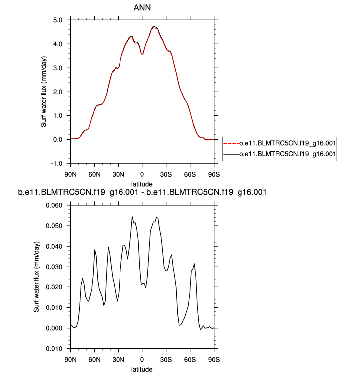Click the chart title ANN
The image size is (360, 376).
(x=142, y=8)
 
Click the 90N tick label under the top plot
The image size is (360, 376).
(x=70, y=175)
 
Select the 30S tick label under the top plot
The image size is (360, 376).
(x=166, y=175)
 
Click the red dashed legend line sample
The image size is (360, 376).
(x=230, y=143)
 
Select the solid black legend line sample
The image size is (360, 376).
(x=230, y=155)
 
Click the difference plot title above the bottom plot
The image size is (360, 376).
(x=142, y=192)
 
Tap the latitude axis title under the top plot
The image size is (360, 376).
(x=142, y=184)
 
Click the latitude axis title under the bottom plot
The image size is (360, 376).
(x=142, y=369)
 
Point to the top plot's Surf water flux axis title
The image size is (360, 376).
(x=44, y=92)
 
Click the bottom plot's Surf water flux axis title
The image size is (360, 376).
(x=36, y=277)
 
